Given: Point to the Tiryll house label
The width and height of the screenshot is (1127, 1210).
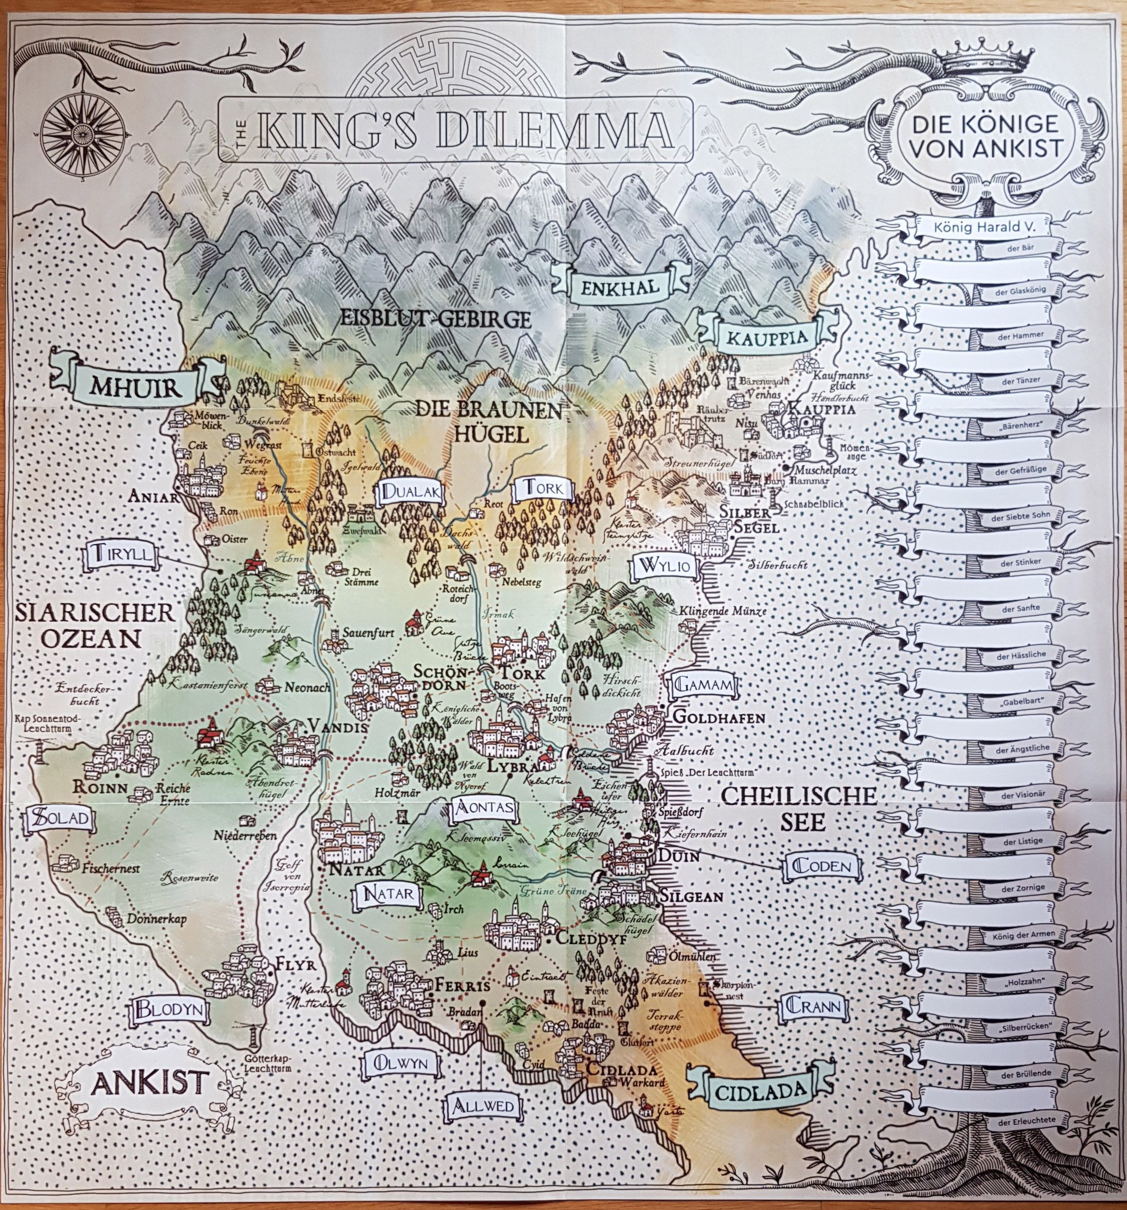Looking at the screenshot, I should click(124, 554).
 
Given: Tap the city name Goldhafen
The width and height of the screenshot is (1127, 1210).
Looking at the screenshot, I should click(719, 718).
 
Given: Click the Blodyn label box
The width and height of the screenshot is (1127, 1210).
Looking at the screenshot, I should click(168, 1010).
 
